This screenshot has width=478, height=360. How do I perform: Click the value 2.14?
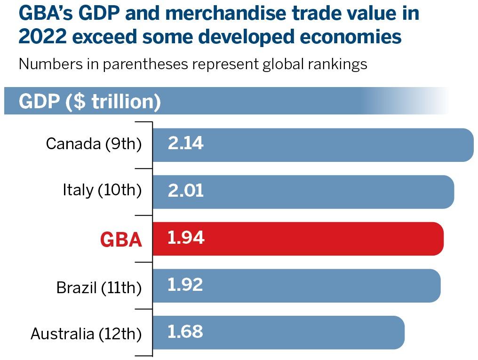pos(185,144)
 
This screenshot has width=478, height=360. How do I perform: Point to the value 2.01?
pos(185,191)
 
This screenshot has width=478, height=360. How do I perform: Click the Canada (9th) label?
pos(94,144)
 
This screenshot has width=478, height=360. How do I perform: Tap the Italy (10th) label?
pos(102,191)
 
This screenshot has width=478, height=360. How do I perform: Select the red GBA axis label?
pos(121,240)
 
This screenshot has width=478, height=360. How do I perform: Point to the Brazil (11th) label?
pos(99,287)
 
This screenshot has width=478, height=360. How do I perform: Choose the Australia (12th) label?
pos(86,334)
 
